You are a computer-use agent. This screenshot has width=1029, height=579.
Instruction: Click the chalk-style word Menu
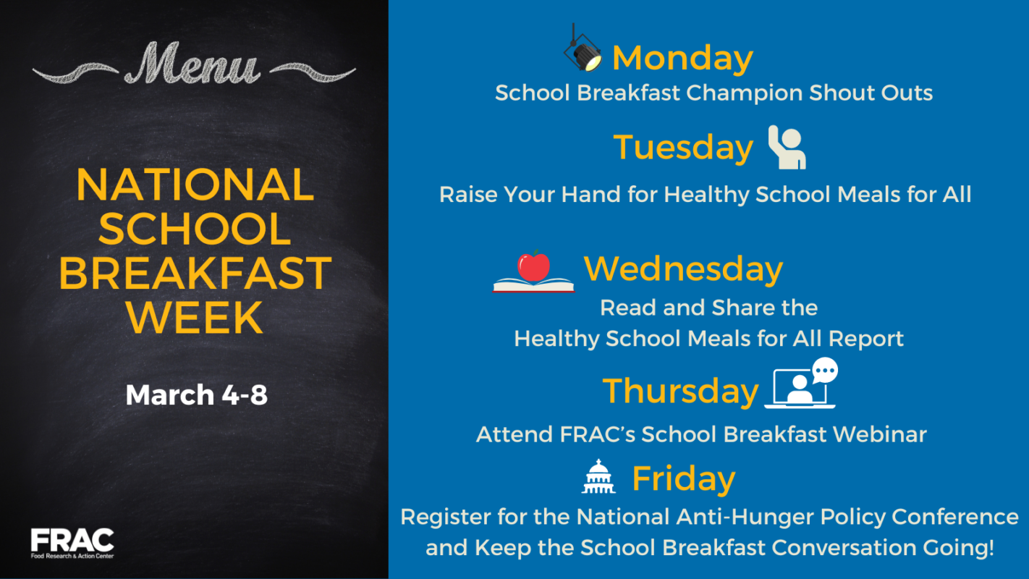pyautogui.click(x=192, y=64)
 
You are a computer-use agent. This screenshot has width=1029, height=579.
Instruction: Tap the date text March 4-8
pyautogui.click(x=196, y=395)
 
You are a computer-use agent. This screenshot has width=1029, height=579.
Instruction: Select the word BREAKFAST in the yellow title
pyautogui.click(x=195, y=274)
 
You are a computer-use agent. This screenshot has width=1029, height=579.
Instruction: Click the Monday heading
pyautogui.click(x=682, y=58)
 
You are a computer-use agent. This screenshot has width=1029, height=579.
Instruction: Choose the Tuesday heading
pyautogui.click(x=683, y=148)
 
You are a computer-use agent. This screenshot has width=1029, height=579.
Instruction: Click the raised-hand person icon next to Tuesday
pyautogui.click(x=787, y=147)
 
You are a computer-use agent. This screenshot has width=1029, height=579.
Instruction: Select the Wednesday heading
pyautogui.click(x=683, y=269)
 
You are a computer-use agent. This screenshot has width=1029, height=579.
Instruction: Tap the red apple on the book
pyautogui.click(x=534, y=266)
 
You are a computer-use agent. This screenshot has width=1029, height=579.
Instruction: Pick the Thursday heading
pyautogui.click(x=680, y=391)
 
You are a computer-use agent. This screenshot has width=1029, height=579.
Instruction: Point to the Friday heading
pyautogui.click(x=683, y=478)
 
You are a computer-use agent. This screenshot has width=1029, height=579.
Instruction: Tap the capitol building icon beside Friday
pyautogui.click(x=598, y=477)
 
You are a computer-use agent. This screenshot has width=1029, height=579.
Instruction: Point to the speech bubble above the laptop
pyautogui.click(x=824, y=371)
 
